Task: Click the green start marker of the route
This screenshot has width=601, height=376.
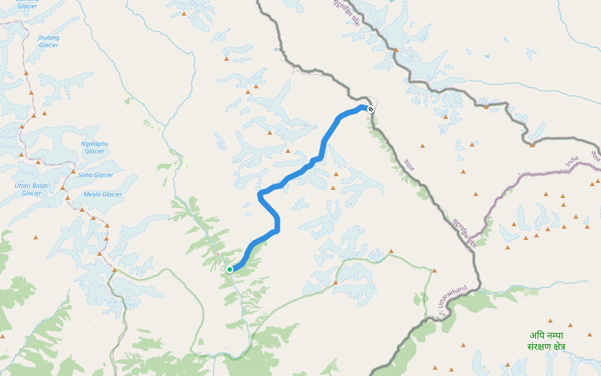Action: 230,269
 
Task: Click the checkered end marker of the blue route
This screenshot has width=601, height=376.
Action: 371,110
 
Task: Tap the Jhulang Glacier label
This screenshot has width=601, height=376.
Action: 49,41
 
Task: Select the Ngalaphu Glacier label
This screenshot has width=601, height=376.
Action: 95,147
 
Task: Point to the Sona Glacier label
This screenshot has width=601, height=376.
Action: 96,175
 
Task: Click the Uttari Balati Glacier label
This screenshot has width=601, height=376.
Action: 31,189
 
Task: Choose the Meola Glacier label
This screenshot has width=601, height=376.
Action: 103,194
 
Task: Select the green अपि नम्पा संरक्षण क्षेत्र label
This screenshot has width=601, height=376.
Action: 546,341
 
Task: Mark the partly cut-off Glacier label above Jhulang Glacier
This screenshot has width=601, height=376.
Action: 27,5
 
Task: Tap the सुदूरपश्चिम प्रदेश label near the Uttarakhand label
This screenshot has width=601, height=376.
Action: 465,232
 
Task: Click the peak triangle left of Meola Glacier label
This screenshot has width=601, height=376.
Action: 68,198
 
